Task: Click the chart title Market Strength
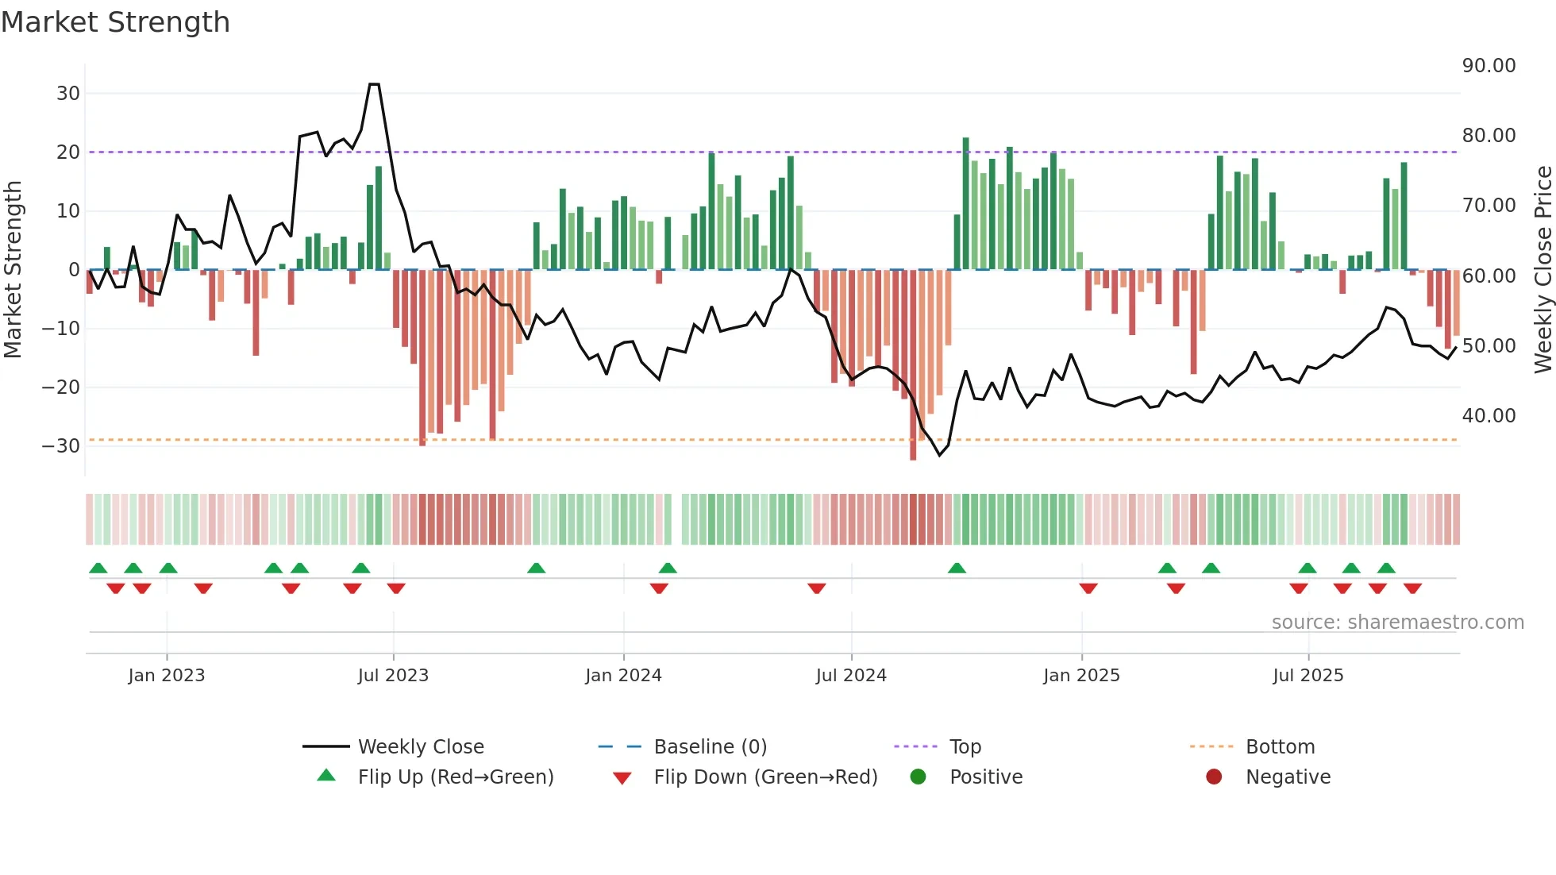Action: [x=115, y=22]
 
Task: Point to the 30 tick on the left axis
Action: [x=68, y=94]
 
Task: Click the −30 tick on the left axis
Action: [x=62, y=446]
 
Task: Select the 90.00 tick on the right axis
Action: [x=1489, y=66]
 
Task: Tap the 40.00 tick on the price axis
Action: [x=1489, y=416]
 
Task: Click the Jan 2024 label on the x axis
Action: [x=623, y=676]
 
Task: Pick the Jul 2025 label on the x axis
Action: [x=1308, y=676]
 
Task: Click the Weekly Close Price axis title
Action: [x=1543, y=270]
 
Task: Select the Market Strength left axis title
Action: [x=13, y=270]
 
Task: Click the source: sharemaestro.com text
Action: [x=1397, y=623]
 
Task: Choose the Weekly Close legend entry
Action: [x=421, y=747]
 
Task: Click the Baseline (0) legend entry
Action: [x=710, y=747]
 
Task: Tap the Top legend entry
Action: [x=965, y=747]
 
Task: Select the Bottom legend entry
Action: [x=1280, y=747]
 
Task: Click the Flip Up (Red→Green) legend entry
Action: [x=455, y=777]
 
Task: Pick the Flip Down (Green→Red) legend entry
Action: [x=765, y=777]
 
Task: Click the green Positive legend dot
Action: [x=919, y=777]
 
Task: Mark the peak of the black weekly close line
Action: [x=374, y=84]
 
